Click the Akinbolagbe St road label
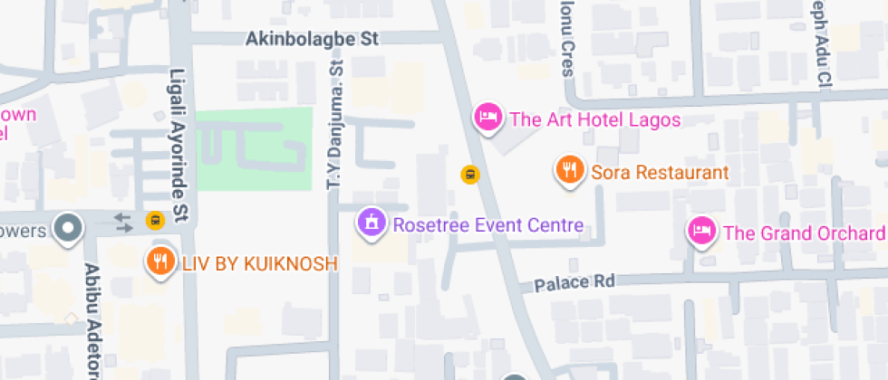pyautogui.click(x=312, y=39)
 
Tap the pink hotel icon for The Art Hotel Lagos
pyautogui.click(x=488, y=117)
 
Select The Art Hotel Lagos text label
pyautogui.click(x=594, y=119)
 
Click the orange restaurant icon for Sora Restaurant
pyautogui.click(x=568, y=170)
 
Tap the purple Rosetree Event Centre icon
pyautogui.click(x=371, y=222)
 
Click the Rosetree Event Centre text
pyautogui.click(x=487, y=225)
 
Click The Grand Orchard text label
pyautogui.click(x=804, y=233)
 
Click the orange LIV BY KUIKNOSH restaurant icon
pyautogui.click(x=159, y=261)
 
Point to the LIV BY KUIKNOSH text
pyautogui.click(x=259, y=264)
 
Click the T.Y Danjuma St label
pyautogui.click(x=333, y=127)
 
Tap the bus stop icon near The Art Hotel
pyautogui.click(x=469, y=175)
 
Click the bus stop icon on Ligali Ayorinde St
pyautogui.click(x=154, y=220)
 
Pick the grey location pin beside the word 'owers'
pyautogui.click(x=68, y=228)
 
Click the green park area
pyautogui.click(x=254, y=148)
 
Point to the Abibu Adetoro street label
pyautogui.click(x=92, y=321)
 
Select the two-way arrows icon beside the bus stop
pyautogui.click(x=123, y=221)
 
